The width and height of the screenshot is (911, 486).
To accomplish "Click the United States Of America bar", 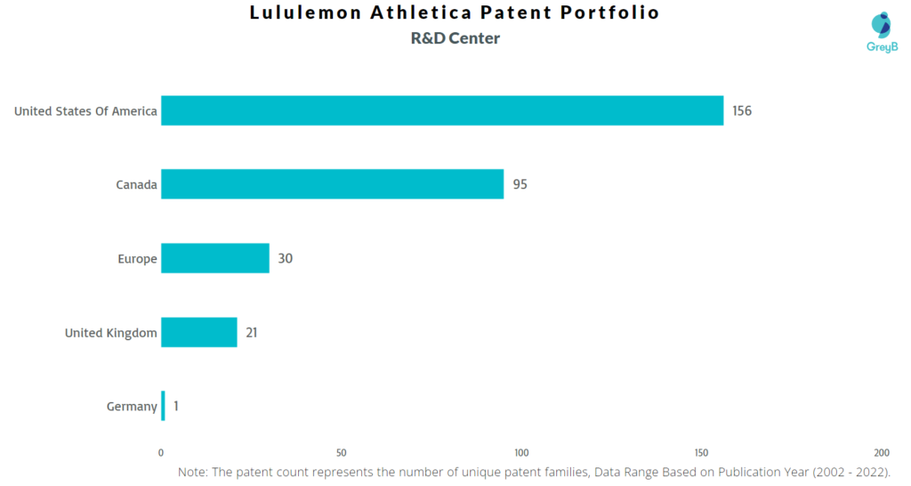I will pos(442,110).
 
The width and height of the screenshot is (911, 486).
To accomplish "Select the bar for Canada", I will pos(332,184).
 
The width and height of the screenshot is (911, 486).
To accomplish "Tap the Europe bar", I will pos(214,258).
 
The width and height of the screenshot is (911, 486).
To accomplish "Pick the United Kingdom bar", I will pos(198,332).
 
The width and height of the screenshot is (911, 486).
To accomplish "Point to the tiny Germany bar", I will pos(163,406).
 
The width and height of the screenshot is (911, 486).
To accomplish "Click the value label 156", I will pos(742,111).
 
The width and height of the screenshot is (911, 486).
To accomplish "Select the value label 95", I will pos(520,185).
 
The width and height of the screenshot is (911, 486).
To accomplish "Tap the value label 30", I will pos(285,259).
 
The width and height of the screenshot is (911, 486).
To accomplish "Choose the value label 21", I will pos(253,333).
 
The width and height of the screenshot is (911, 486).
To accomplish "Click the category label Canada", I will pos(136,185).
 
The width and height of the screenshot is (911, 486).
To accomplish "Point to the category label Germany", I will pos(132,407).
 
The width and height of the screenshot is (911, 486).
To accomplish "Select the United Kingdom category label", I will pos(111,333).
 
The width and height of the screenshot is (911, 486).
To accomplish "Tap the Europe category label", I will pos(138,259).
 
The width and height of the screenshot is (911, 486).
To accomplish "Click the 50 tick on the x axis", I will pos(342,452).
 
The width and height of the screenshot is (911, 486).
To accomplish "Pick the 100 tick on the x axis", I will pos(521,452).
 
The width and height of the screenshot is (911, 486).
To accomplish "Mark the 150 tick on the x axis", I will pos(702,452).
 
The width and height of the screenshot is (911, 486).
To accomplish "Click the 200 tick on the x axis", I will pos(882,452).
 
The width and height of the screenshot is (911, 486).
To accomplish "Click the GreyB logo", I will pos(881,32).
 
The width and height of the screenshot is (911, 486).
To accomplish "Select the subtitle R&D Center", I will pos(455,38).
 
